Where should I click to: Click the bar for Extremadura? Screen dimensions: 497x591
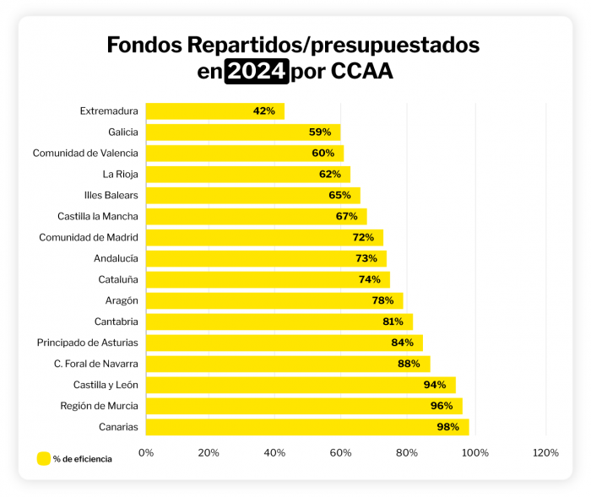click(x=214, y=111)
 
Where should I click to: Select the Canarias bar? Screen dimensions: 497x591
click(x=306, y=427)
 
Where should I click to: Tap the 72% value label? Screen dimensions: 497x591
click(x=365, y=237)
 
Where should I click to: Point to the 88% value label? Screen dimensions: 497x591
click(x=409, y=364)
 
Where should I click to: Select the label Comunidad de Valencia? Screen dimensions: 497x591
click(x=85, y=153)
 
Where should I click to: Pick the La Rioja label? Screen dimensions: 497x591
click(x=120, y=174)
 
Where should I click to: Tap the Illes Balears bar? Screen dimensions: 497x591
click(x=252, y=195)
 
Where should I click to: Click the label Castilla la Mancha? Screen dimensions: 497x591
click(x=98, y=216)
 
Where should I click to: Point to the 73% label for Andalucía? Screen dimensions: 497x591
click(x=366, y=258)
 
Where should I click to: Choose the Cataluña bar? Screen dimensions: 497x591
click(x=268, y=279)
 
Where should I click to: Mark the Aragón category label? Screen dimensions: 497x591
click(x=122, y=300)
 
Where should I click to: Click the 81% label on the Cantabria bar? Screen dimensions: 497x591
click(x=393, y=321)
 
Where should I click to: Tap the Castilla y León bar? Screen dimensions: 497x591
click(x=301, y=385)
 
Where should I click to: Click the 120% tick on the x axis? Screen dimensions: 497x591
click(x=546, y=453)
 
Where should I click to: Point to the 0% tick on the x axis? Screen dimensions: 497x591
click(x=146, y=453)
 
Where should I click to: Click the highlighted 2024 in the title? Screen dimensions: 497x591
click(x=257, y=72)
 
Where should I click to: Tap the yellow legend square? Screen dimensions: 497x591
click(x=43, y=459)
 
